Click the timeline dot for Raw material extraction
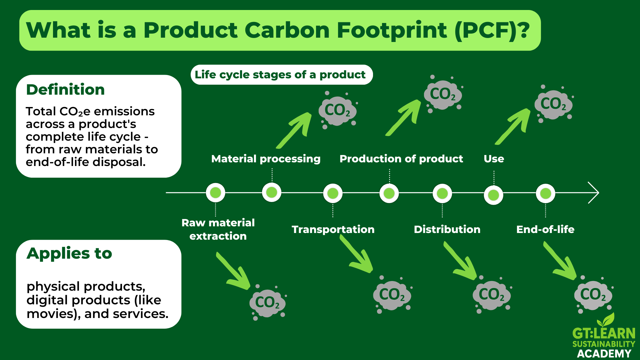216,193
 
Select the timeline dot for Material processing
272,192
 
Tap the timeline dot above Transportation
333,193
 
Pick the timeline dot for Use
493,195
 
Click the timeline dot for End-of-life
545,193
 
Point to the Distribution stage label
447,229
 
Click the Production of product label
401,159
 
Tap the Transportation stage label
333,229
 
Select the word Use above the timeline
494,159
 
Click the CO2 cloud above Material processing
337,110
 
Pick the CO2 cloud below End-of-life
593,295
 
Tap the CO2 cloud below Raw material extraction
268,302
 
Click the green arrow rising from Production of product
403,118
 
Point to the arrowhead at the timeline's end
599,193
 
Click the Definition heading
65,90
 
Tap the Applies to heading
69,253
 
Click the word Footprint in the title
392,30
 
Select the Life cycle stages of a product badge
282,75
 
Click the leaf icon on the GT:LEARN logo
606,320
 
